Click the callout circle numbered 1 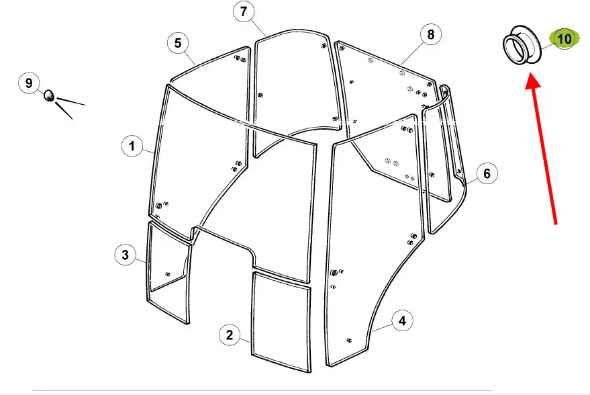132,146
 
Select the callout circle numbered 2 230,335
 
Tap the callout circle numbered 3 126,255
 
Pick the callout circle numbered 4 402,321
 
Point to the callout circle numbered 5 178,43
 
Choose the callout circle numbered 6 487,173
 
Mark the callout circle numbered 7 244,11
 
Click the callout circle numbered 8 431,35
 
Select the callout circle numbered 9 29,83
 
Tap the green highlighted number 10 564,39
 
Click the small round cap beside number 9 49,95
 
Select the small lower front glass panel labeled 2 281,322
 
